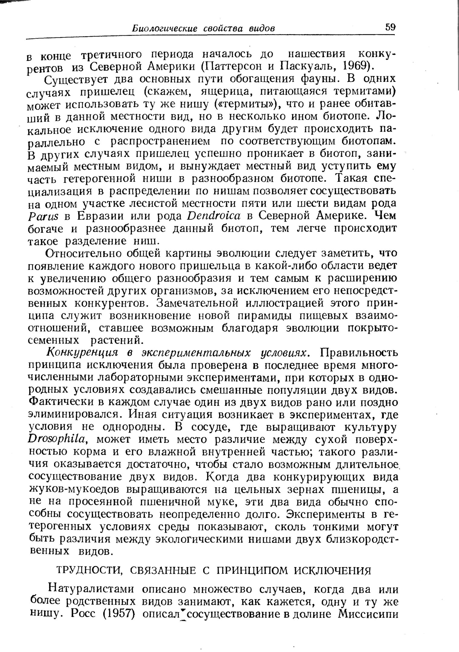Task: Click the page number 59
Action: tap(390, 27)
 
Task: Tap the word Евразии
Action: tap(99, 216)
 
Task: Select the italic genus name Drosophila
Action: tap(58, 440)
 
